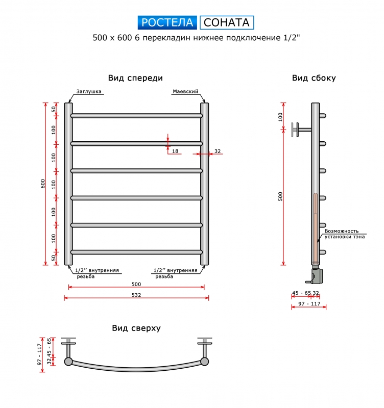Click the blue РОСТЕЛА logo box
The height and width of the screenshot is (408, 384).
point(167,22)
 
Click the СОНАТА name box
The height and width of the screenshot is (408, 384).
point(227,22)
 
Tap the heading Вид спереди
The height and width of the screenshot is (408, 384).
point(135,78)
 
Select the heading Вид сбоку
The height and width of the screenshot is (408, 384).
point(314,78)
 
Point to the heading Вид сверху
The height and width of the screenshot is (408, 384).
point(136,328)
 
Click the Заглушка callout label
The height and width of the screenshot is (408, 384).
point(89,91)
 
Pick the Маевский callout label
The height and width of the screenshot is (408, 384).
point(185,91)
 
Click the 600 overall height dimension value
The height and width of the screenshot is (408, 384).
point(43,184)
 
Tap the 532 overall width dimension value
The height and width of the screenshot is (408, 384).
point(136,295)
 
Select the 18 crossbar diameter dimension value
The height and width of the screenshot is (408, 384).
point(175,151)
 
